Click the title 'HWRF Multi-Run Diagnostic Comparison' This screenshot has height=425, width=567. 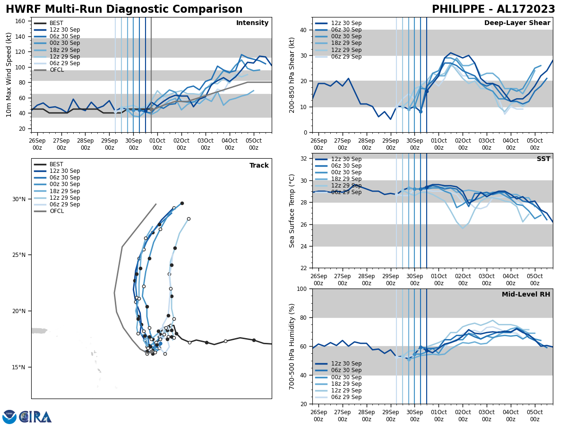(124, 9)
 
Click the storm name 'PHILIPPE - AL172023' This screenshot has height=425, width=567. (493, 9)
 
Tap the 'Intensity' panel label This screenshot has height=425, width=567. (252, 23)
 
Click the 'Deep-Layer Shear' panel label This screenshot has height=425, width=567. (517, 23)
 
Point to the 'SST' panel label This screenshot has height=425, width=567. (543, 159)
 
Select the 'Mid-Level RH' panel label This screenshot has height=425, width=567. (526, 295)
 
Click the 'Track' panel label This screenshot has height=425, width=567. (259, 166)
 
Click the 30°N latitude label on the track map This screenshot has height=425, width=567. (19, 199)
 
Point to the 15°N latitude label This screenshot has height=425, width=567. (19, 367)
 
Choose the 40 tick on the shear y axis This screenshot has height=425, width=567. (303, 30)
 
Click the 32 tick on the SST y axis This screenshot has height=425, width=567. (303, 159)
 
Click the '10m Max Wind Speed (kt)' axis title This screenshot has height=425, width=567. (9, 75)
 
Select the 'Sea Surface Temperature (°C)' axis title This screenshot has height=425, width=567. (292, 211)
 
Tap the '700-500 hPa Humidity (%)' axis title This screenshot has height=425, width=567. (292, 346)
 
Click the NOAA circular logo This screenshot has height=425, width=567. (9, 417)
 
